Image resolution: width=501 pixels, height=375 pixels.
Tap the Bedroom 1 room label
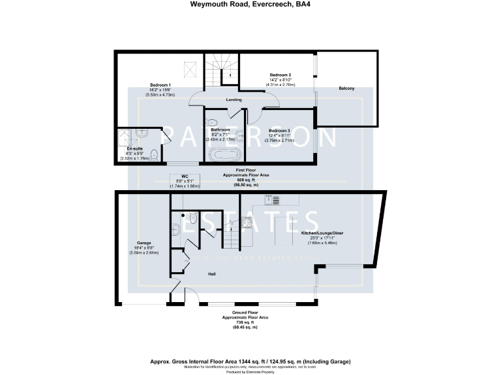(x=160, y=85)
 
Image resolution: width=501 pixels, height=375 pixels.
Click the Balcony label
(x=346, y=89)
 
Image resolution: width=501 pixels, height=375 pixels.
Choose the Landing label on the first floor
(x=234, y=100)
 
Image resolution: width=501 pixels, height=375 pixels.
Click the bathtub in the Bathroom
(x=224, y=156)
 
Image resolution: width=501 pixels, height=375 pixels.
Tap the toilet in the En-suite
(x=153, y=154)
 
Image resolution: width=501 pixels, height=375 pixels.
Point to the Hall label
(x=212, y=274)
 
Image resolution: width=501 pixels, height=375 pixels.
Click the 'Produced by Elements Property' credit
(x=250, y=371)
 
